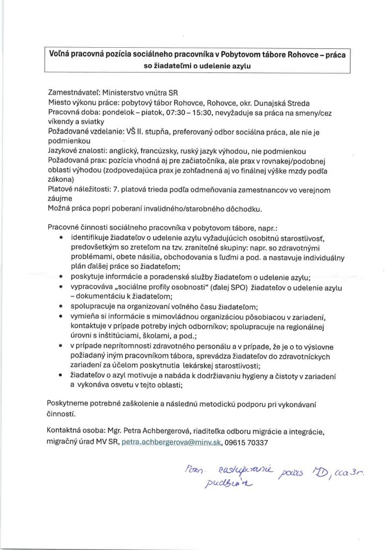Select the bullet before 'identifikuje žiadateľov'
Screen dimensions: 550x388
pos(62,237)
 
